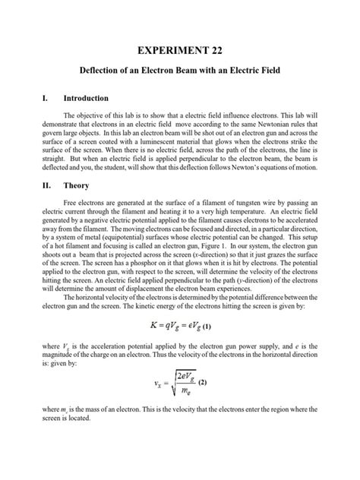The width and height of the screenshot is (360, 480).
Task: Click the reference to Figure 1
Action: click(225, 267)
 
